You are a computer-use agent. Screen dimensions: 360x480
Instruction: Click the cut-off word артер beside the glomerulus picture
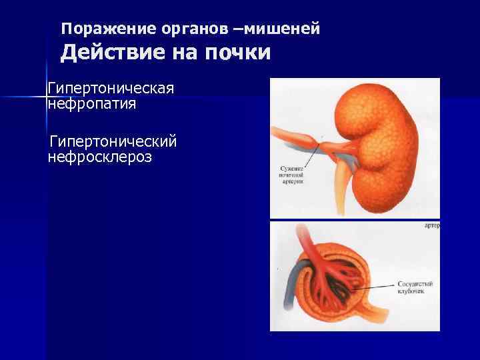coord(432,226)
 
